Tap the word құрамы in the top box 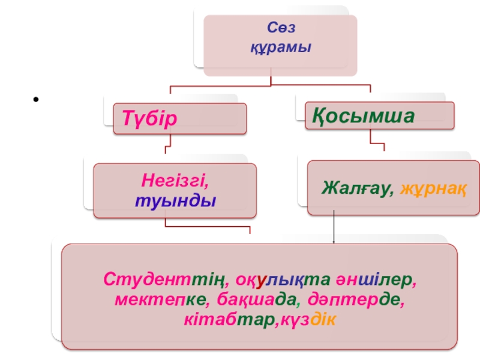[x=281, y=46]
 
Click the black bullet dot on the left [x=37, y=100]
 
